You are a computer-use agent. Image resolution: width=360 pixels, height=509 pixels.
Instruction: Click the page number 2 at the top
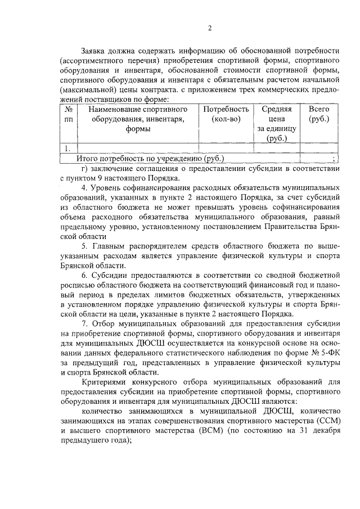pyautogui.click(x=209, y=29)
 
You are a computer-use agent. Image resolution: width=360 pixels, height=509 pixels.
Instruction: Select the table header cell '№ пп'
pyautogui.click(x=69, y=114)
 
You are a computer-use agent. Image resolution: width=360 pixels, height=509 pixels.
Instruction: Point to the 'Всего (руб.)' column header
pyautogui.click(x=319, y=114)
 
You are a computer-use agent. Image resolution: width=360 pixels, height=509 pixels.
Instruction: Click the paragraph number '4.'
pyautogui.click(x=84, y=187)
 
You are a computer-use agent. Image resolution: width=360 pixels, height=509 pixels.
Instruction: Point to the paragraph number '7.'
pyautogui.click(x=84, y=325)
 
